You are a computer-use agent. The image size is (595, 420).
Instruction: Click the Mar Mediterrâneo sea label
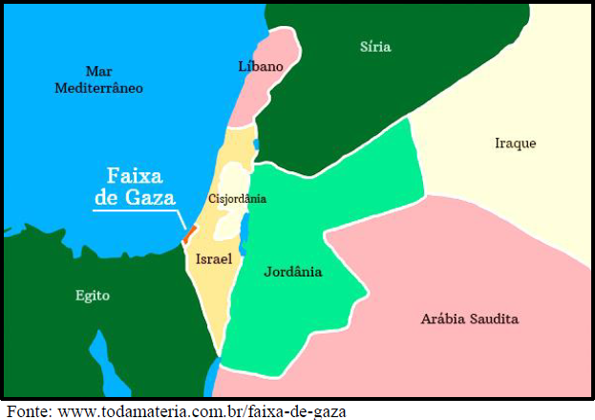tap(98, 79)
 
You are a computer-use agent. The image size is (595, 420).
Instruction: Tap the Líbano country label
tap(260, 66)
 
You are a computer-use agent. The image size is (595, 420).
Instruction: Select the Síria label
tap(375, 47)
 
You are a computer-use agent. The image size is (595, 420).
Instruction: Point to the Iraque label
tap(515, 144)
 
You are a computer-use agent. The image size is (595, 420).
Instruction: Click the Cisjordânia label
tap(236, 199)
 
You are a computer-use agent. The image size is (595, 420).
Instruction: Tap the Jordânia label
tap(292, 272)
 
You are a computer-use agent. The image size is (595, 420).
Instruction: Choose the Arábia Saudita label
tap(469, 319)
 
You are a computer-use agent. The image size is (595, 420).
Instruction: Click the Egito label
tap(93, 296)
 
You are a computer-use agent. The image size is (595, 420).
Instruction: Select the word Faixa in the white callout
tap(134, 177)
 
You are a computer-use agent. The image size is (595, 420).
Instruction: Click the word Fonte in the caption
tap(27, 411)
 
